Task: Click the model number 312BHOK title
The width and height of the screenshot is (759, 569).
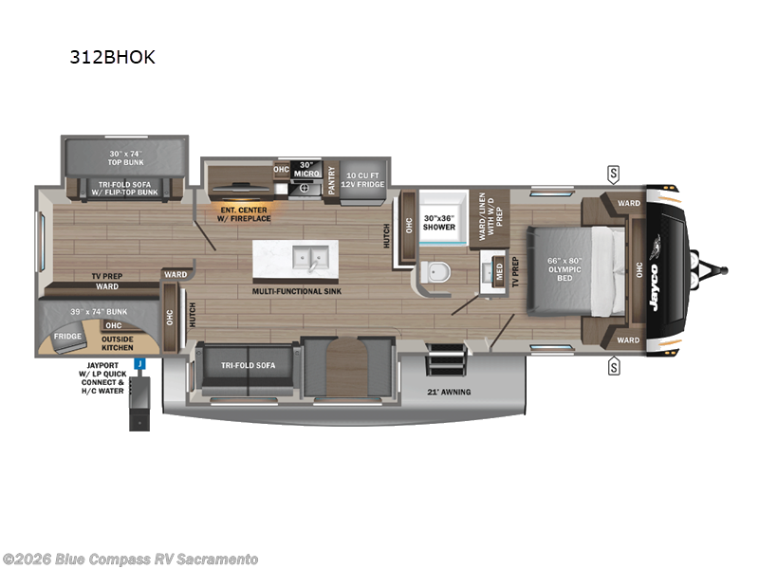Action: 112,57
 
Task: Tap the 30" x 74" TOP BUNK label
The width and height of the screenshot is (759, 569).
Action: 129,159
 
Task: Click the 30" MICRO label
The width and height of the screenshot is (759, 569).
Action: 305,169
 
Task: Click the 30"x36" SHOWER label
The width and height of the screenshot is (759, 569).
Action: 439,223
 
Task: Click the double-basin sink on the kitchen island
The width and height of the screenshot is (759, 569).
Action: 309,256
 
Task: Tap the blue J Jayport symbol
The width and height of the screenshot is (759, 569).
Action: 139,362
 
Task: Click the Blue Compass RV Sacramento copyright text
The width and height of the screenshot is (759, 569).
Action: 130,559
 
